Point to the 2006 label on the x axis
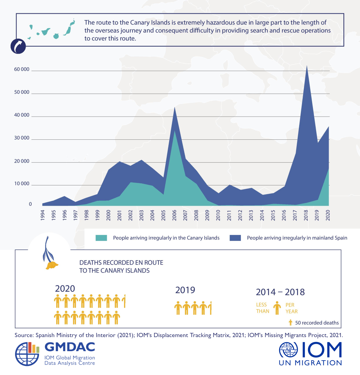pos(175,214)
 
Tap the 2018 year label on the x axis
pos(306,214)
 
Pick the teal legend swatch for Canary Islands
pos(102,238)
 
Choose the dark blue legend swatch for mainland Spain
pos(236,238)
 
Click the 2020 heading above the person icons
pos(65,289)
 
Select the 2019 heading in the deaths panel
pos(185,290)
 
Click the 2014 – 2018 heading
pos(280,292)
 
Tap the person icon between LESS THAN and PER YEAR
pos(277,308)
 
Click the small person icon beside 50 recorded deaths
pos(290,322)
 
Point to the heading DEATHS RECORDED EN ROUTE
pos(121,263)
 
